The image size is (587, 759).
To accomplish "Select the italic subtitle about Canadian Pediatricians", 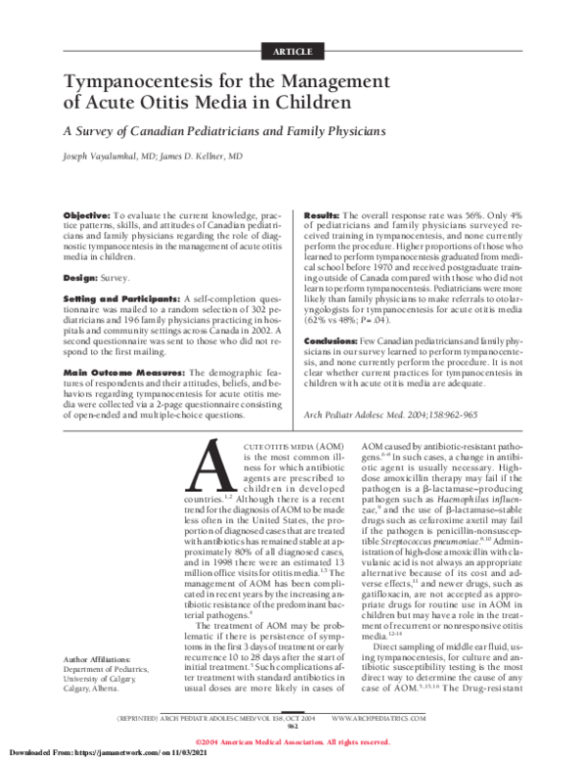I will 225,130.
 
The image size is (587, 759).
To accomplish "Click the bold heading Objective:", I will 87,213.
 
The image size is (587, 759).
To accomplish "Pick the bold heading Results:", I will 322,213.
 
